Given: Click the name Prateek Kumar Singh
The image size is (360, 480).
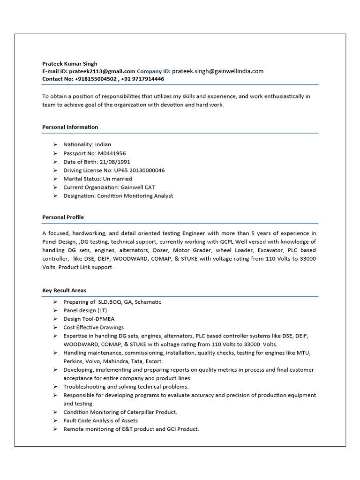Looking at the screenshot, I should point(70,64).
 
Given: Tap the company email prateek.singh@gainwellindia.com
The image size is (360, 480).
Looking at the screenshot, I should point(217,71).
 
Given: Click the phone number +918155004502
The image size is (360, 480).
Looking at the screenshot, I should point(96,79).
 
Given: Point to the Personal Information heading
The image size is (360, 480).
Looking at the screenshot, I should point(70,127).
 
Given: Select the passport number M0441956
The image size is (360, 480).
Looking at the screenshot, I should point(112,153).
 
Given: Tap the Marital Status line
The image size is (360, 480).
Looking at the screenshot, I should point(97,179).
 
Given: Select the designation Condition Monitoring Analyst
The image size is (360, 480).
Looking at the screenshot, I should point(135,196).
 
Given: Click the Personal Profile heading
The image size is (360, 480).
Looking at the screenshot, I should point(63,217).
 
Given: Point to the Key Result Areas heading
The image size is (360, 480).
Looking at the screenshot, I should point(64,291).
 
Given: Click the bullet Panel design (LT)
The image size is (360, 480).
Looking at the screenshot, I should point(86,310).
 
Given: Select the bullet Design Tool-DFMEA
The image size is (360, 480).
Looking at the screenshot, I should point(89,319).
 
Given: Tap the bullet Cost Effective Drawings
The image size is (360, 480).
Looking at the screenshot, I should point(93,327).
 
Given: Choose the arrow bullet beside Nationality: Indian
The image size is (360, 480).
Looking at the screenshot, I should point(55,144).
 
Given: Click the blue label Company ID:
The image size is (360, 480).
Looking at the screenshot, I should point(153,71).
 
